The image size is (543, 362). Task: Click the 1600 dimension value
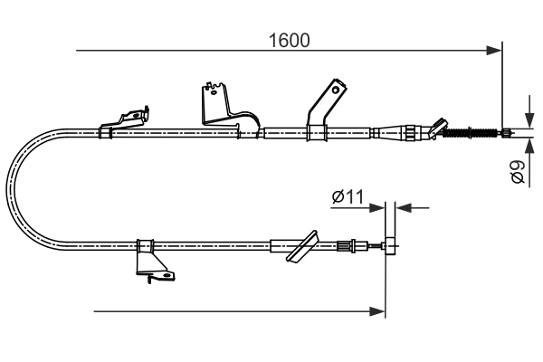point(290,40)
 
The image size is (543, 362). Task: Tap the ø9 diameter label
point(519,171)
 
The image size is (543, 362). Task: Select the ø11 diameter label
point(347,195)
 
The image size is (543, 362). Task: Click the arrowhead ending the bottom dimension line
point(377,311)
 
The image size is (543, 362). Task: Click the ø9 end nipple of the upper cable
point(507,134)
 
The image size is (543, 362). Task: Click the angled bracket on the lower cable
point(301,246)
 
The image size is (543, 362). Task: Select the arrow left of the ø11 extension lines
point(377,207)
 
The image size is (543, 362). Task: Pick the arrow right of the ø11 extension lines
point(402,207)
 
